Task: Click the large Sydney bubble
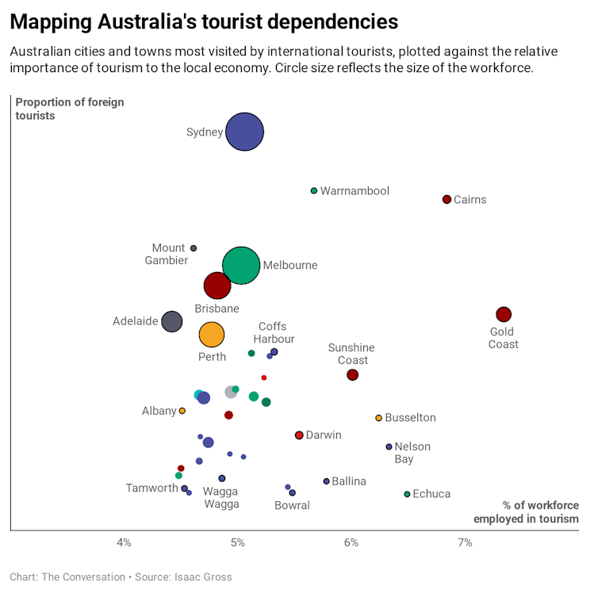pos(244,132)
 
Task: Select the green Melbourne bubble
pos(241,266)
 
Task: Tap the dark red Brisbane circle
pos(217,286)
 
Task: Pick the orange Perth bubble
pos(211,335)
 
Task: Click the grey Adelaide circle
pos(171,321)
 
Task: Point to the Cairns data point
pos(447,199)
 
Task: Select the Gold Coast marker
pos(503,314)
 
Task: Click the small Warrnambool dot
pos(314,191)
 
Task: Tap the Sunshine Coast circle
pos(353,374)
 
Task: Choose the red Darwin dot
pos(299,435)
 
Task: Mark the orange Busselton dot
pos(378,418)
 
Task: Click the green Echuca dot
pos(407,494)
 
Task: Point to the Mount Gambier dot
pos(194,248)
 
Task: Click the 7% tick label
pos(465,542)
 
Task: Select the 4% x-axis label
pos(124,542)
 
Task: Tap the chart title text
pos(204,21)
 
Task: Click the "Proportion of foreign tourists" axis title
pos(70,109)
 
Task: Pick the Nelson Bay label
pos(412,453)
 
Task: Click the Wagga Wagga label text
pos(220,497)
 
